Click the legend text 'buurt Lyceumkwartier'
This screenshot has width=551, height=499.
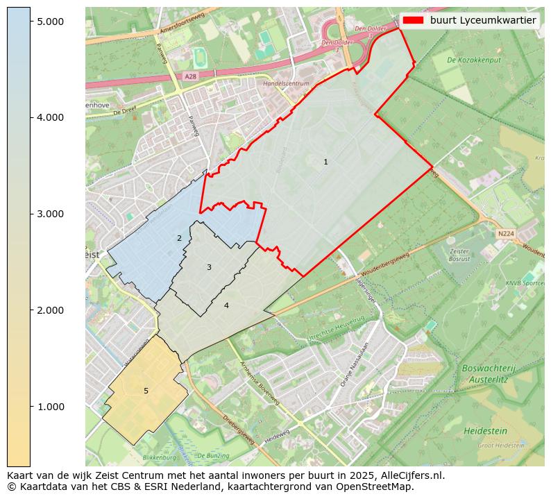[x=483, y=20]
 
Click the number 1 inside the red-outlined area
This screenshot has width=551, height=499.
[x=325, y=162]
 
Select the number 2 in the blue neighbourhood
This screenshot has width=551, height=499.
[x=179, y=238]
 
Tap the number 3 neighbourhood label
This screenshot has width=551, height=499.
[x=209, y=267]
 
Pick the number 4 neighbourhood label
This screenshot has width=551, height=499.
[x=226, y=305]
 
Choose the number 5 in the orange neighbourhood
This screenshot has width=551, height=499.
[x=146, y=391]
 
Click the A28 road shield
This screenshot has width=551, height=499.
[x=191, y=76]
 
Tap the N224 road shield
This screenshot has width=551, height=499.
[x=506, y=234]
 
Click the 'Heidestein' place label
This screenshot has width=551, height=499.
[x=484, y=431]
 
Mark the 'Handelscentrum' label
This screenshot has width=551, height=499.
[x=286, y=83]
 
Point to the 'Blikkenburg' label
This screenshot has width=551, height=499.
[x=161, y=458]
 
